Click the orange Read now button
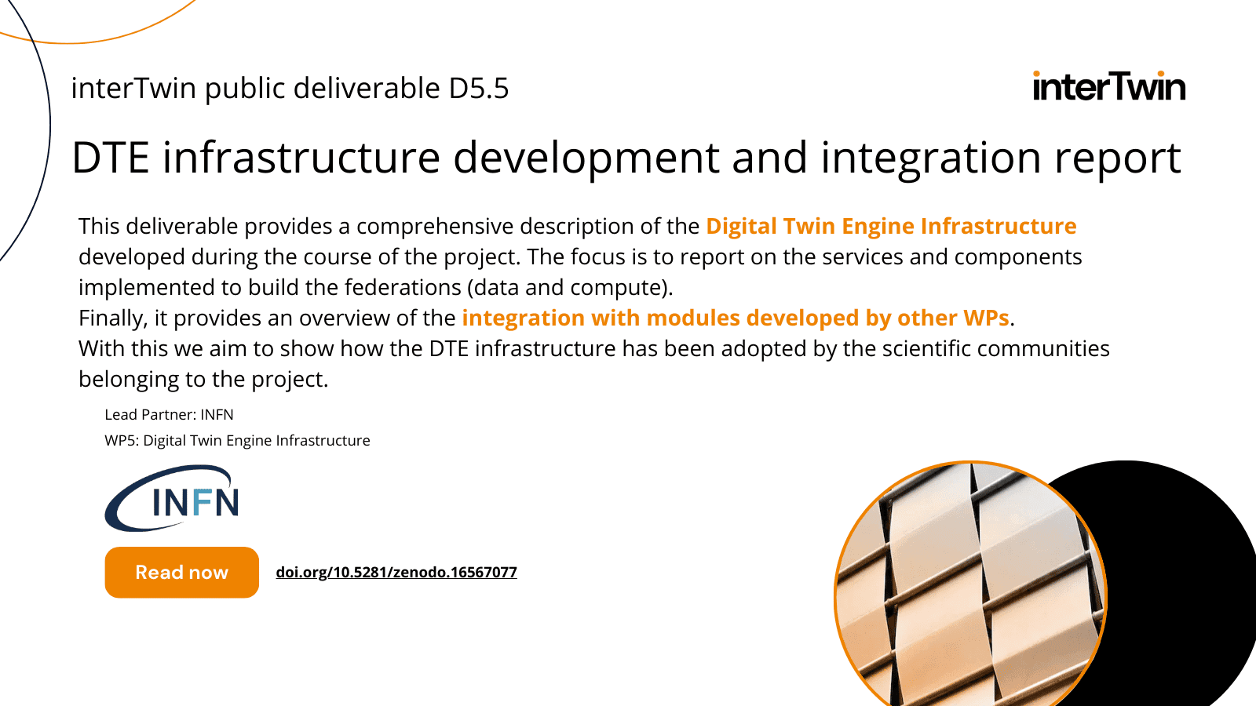tap(181, 572)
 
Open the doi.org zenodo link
tap(396, 572)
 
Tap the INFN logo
tap(172, 498)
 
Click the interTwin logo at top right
tap(1109, 86)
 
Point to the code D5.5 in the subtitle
tap(478, 88)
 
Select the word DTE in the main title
tap(111, 158)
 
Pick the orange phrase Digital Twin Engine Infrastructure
tap(891, 226)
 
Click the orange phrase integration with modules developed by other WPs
tap(736, 318)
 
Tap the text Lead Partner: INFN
tap(169, 415)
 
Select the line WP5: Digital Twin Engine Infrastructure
tap(237, 440)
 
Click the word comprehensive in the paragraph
tap(435, 227)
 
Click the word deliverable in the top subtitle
tap(367, 88)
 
